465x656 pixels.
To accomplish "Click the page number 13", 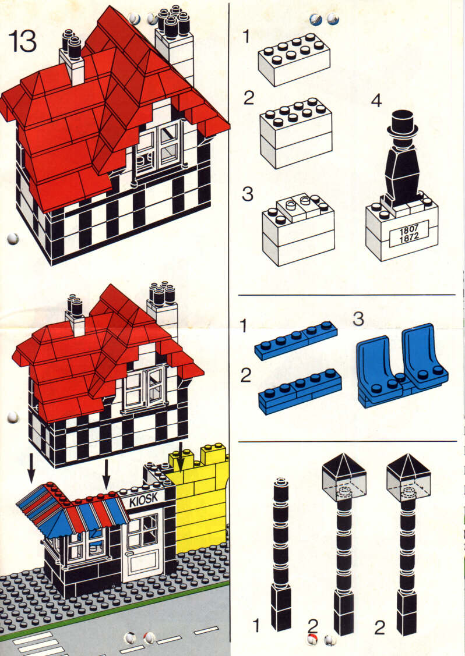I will [x=23, y=42].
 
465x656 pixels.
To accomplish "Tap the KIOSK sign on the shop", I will [x=143, y=499].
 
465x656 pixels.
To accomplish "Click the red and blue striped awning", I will [x=73, y=510].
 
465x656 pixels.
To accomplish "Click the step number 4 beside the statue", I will [x=376, y=101].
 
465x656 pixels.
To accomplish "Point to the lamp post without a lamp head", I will [x=282, y=553].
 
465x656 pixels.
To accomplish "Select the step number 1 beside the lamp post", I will [x=256, y=626].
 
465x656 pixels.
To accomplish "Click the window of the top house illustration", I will [x=157, y=148].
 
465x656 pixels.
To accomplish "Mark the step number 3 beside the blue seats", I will [x=359, y=319].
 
